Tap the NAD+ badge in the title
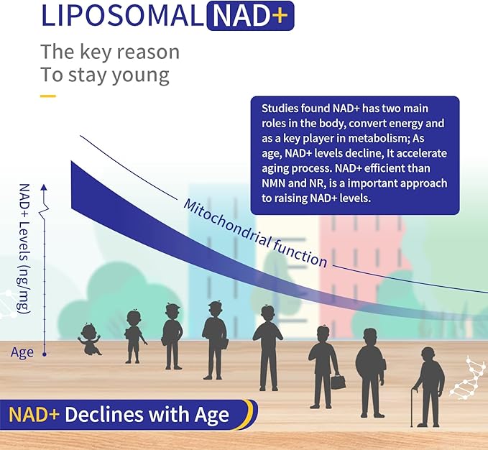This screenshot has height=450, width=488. click(249, 16)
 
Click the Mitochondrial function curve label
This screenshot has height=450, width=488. click(255, 234)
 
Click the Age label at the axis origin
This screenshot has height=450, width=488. click(22, 352)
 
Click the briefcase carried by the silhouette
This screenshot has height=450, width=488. click(338, 381)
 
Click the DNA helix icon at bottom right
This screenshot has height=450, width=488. click(467, 378)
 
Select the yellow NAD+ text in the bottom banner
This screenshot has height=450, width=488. click(35, 415)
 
